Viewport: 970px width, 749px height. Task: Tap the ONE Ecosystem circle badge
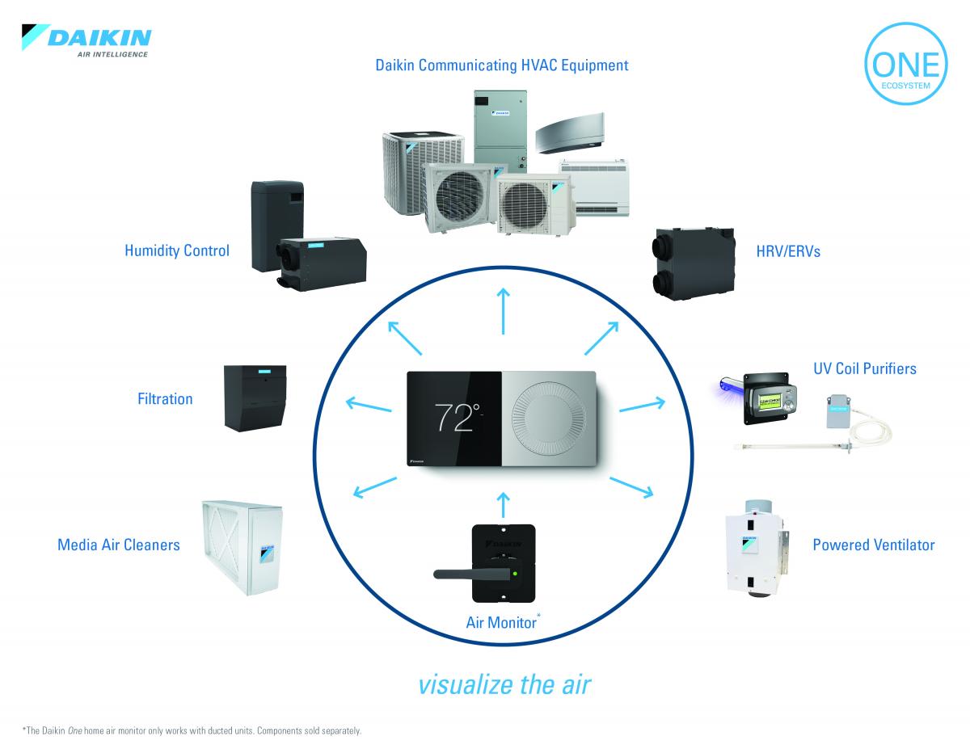pos(903,69)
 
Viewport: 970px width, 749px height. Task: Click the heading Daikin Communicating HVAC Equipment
pos(501,65)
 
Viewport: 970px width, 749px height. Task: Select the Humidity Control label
pos(176,250)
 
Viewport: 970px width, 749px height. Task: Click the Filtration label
pos(165,398)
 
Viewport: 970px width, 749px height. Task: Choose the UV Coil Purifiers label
pos(864,368)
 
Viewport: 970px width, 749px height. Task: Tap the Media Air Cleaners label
pos(119,545)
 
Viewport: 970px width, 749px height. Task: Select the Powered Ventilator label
pos(873,545)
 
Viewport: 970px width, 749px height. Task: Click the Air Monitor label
pos(501,622)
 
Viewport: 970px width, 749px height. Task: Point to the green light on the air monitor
pos(514,574)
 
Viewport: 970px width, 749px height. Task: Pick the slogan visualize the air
pos(505,684)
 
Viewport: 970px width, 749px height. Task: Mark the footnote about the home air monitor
pos(192,730)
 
